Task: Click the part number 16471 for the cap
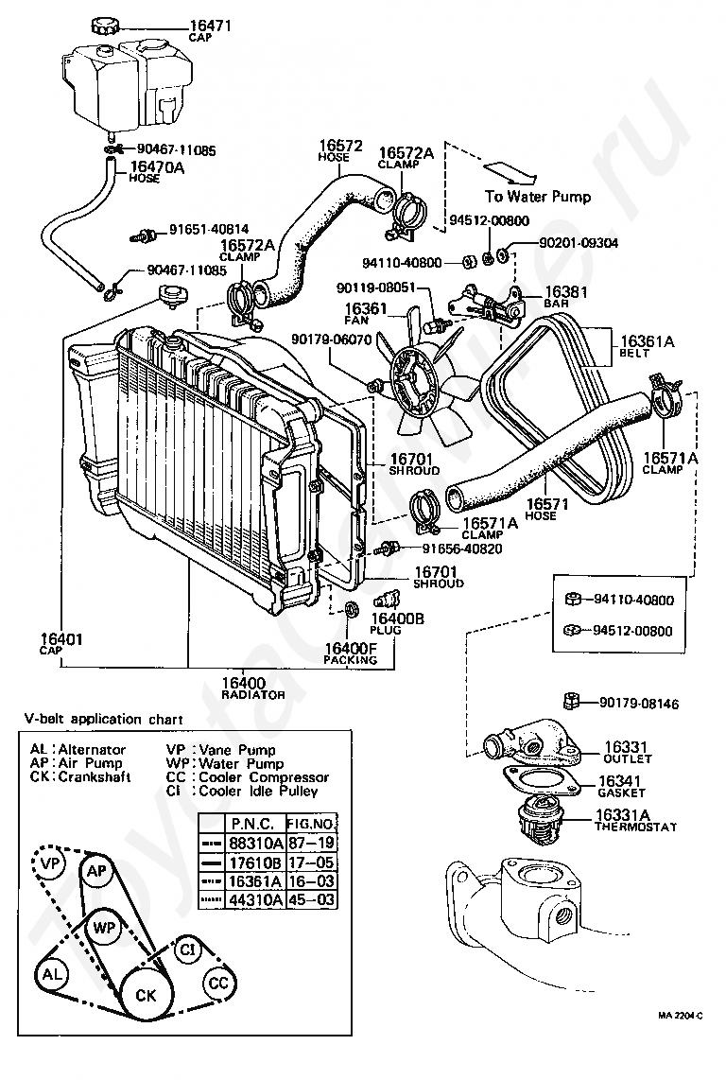tap(211, 25)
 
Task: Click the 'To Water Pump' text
tap(538, 197)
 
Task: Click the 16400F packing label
tap(351, 649)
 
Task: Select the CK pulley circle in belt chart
tap(146, 996)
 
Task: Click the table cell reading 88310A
tap(256, 842)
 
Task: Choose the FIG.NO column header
tap(311, 823)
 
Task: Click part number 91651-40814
tap(209, 229)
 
